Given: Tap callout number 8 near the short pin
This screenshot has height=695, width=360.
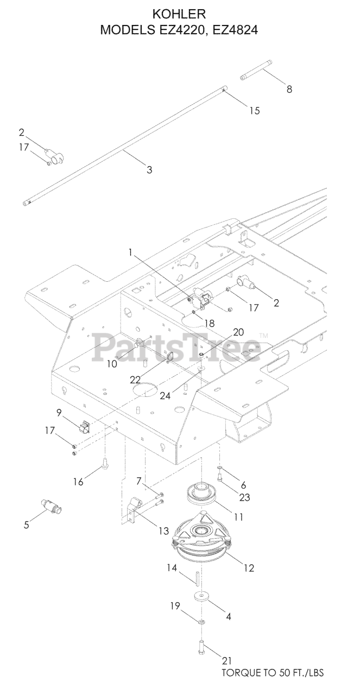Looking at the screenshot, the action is [289, 90].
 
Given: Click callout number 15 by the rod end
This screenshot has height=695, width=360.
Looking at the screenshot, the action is [254, 111].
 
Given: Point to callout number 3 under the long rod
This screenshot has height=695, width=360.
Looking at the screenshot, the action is [149, 169].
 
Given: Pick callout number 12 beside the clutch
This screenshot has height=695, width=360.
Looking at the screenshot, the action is [249, 568].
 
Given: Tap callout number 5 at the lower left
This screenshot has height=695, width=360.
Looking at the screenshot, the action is [26, 525].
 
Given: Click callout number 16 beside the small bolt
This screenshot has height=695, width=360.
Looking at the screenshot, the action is [79, 481].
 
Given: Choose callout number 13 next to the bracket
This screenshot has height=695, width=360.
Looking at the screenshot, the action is [163, 532].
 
